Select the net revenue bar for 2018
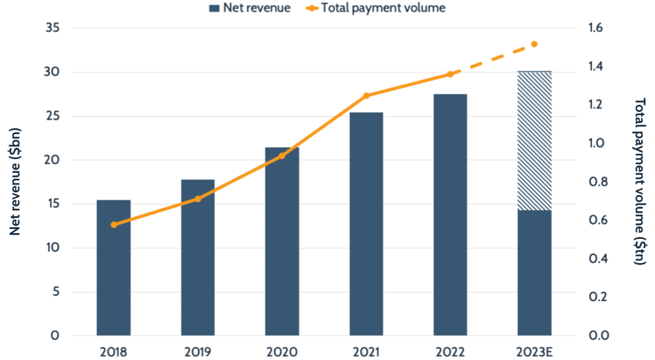[113, 268]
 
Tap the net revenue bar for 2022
[450, 216]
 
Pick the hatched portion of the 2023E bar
[534, 141]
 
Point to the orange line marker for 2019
[198, 198]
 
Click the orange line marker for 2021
[366, 96]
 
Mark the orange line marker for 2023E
[534, 44]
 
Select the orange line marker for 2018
[114, 225]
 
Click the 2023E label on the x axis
[534, 351]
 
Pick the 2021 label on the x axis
[366, 351]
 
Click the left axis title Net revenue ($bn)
[16, 182]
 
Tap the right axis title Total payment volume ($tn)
[640, 182]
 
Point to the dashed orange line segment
[493, 60]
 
